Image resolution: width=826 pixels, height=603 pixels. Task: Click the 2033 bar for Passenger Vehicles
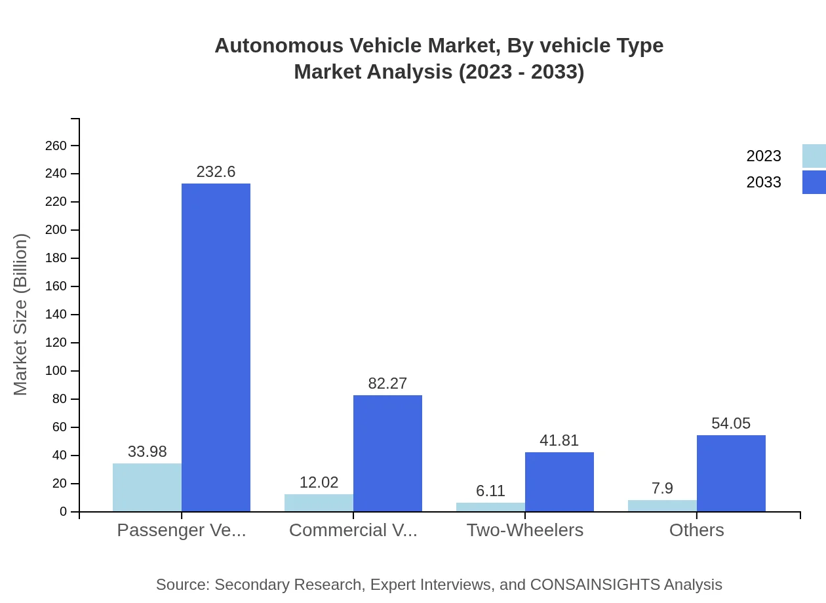pos(216,347)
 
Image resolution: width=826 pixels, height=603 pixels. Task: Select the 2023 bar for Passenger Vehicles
pos(147,488)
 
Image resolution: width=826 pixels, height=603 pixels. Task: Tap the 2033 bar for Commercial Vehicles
pos(387,453)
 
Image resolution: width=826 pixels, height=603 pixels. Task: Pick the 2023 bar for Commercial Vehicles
pos(319,503)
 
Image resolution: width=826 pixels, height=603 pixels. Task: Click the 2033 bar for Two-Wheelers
pos(559,482)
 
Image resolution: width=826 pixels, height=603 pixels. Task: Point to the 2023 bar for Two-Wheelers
pos(490,507)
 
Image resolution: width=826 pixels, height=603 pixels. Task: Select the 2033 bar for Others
pos(731,473)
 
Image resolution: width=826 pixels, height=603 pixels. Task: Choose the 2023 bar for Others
pos(662,506)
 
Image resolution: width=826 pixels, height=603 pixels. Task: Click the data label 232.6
pos(216,172)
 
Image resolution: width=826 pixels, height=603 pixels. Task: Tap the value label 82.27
pos(387,383)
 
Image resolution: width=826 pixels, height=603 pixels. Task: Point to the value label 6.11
pos(490,491)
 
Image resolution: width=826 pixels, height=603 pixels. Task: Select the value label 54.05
pos(731,423)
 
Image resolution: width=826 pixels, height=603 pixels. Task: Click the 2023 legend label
pos(764,156)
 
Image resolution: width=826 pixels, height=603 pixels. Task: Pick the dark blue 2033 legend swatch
pos(814,182)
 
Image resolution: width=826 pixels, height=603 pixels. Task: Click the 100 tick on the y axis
pos(56,371)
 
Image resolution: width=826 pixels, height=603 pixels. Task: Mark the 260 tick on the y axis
pos(56,146)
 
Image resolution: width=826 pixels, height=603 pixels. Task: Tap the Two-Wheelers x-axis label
pos(524,530)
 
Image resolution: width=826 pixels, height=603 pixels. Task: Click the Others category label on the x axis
pos(696,530)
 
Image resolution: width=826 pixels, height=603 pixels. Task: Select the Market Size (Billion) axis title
pos(20,315)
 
